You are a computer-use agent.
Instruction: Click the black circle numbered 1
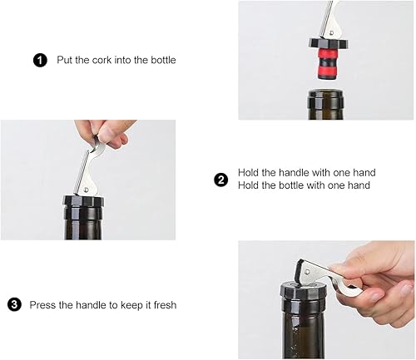click(x=40, y=60)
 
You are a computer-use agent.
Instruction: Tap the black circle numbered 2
click(x=221, y=180)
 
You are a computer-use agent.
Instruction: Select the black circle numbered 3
click(x=14, y=304)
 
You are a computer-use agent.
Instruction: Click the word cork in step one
click(x=102, y=60)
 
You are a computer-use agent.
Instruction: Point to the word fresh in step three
click(x=165, y=305)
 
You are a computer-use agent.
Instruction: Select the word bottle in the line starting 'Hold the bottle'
click(x=291, y=185)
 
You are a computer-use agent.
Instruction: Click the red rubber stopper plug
click(x=328, y=64)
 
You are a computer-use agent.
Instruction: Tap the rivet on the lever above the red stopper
click(x=332, y=33)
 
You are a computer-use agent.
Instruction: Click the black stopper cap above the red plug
click(x=329, y=44)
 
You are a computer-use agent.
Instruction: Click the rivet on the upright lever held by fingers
click(x=87, y=190)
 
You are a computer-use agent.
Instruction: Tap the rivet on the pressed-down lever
click(x=307, y=271)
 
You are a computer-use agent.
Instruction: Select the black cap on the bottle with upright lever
click(x=84, y=201)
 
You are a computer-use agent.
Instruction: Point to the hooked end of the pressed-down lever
click(x=347, y=289)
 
